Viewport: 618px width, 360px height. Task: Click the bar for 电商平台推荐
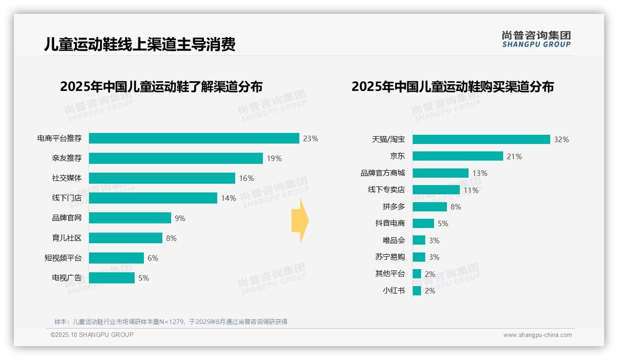(x=194, y=138)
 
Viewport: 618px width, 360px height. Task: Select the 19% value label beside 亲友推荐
(x=274, y=158)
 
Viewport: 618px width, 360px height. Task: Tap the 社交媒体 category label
(x=66, y=178)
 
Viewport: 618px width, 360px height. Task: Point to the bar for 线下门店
(x=153, y=198)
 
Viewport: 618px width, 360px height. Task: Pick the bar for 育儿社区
(x=125, y=238)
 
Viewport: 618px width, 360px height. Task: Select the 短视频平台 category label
(x=63, y=258)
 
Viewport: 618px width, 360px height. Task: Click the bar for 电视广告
(x=112, y=278)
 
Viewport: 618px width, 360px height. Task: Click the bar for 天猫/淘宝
(x=481, y=139)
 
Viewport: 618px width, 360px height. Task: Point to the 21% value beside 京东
(x=514, y=156)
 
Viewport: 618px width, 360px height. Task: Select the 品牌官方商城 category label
(x=382, y=173)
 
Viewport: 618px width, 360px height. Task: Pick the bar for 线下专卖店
(x=436, y=190)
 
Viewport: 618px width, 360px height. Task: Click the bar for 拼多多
(x=429, y=207)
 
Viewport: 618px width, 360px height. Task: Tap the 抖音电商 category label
(x=390, y=223)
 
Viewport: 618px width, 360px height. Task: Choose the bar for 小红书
(x=417, y=291)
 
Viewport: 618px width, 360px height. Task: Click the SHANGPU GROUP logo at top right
(x=536, y=39)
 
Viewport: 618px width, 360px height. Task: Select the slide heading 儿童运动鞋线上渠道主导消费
(x=139, y=44)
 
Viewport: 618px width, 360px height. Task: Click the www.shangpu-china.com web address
(x=537, y=335)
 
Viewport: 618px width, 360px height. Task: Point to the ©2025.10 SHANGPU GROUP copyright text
(x=92, y=335)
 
